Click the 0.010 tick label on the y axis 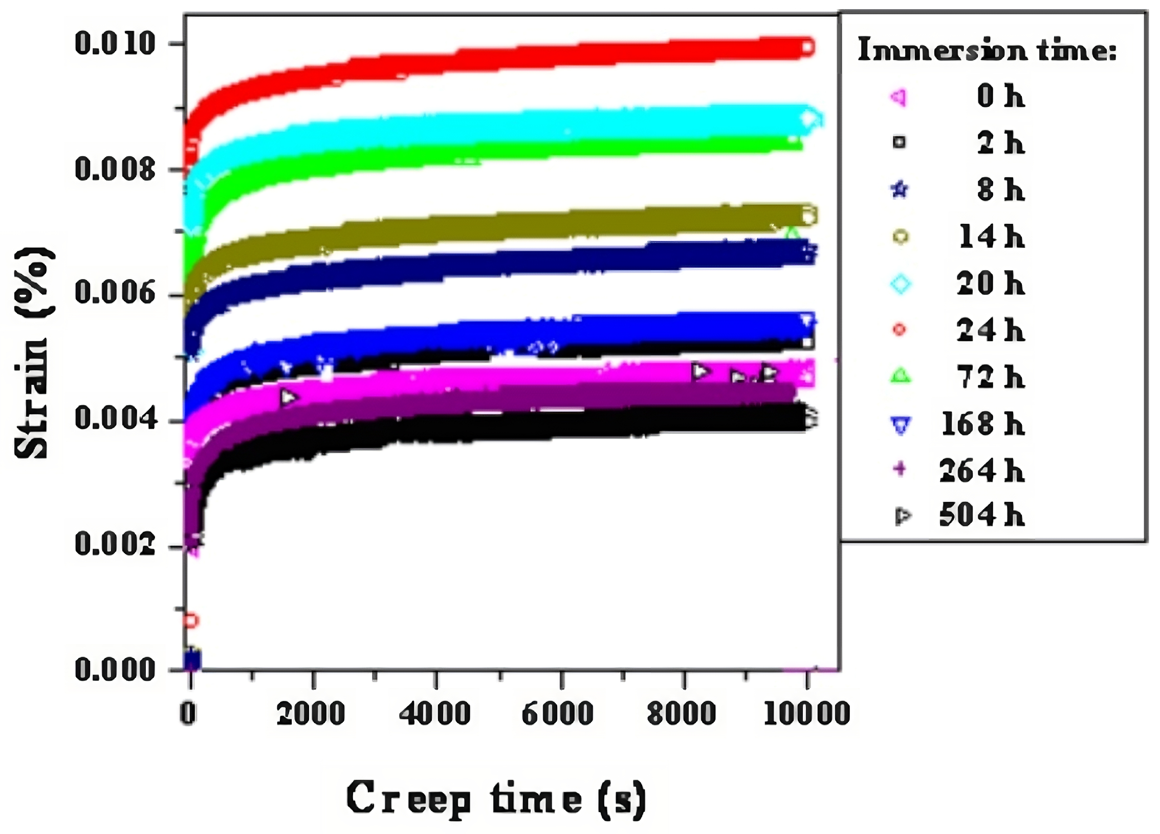coord(115,43)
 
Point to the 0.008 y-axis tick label coord(115,169)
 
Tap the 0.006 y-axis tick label coord(115,293)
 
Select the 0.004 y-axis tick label coord(115,419)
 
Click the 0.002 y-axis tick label coord(115,544)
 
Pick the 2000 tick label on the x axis coord(311,713)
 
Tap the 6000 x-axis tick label coord(557,713)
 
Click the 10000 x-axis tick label coord(806,713)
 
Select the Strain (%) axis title coord(34,353)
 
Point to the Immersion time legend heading coord(987,50)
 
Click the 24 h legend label coord(990,330)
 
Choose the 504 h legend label coord(981,516)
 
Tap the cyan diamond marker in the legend coord(901,283)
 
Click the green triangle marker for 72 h coord(901,377)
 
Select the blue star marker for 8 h coord(900,190)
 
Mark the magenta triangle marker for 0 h coord(899,97)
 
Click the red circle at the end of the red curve coord(807,48)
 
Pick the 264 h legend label coord(981,471)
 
